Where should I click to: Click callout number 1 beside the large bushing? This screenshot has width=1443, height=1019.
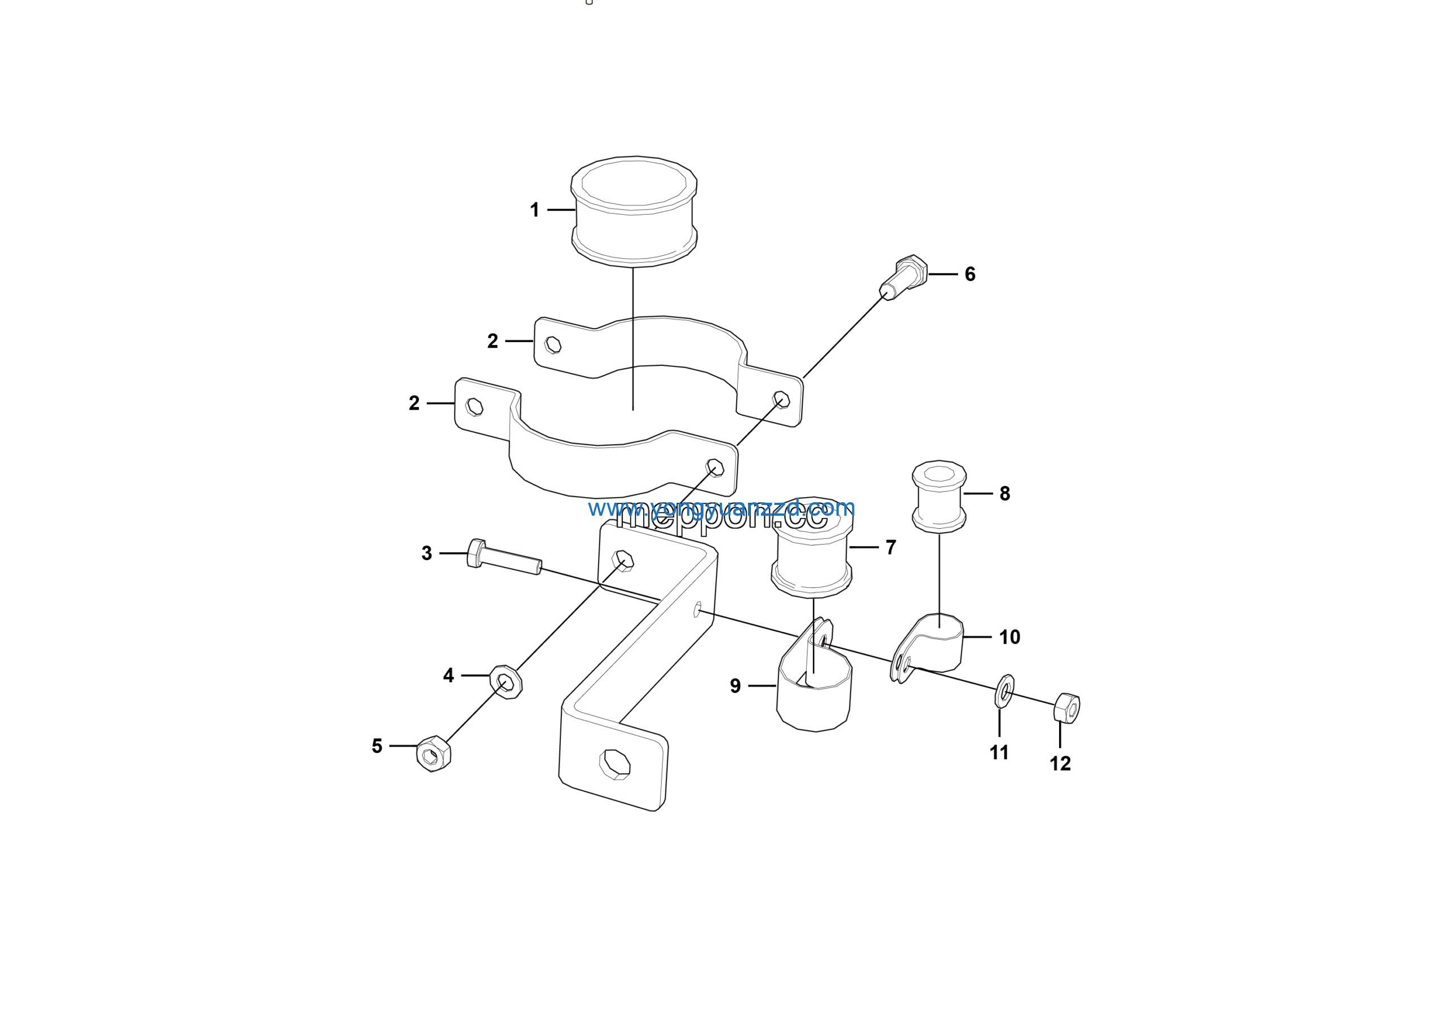534,210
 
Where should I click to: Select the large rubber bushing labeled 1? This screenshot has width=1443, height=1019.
634,210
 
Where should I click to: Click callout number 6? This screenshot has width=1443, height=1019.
970,274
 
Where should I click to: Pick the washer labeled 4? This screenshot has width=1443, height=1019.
506,681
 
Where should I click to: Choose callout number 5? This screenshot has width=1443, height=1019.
377,746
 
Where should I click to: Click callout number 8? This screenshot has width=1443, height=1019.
1005,494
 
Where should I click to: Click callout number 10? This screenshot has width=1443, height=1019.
1010,637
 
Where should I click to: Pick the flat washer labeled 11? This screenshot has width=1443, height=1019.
1004,691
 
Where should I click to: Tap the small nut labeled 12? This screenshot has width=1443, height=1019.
1066,708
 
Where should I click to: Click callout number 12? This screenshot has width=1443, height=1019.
1060,764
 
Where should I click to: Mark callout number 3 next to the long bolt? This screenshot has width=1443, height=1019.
427,553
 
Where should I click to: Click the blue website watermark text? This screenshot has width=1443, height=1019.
721,508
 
